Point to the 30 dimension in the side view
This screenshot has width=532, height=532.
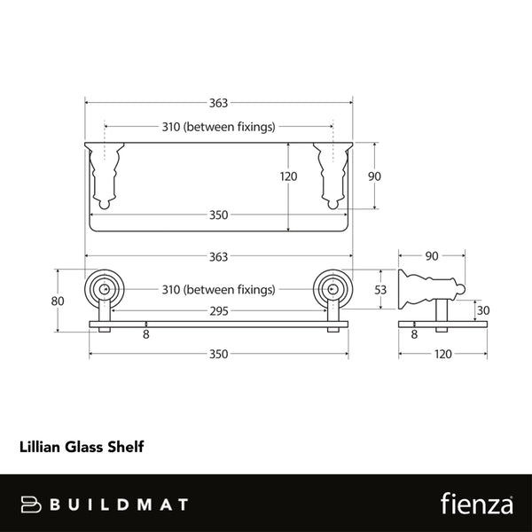482,310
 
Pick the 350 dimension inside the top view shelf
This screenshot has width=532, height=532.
219,215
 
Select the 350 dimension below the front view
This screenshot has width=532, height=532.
219,354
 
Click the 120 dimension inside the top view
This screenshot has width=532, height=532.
289,176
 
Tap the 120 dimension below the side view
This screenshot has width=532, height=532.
443,354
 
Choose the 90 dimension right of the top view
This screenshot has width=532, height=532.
374,176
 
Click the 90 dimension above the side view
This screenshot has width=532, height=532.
433,256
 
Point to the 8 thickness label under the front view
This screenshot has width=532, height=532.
146,335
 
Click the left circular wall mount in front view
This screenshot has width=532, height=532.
105,289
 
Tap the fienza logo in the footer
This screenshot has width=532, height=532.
476,504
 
